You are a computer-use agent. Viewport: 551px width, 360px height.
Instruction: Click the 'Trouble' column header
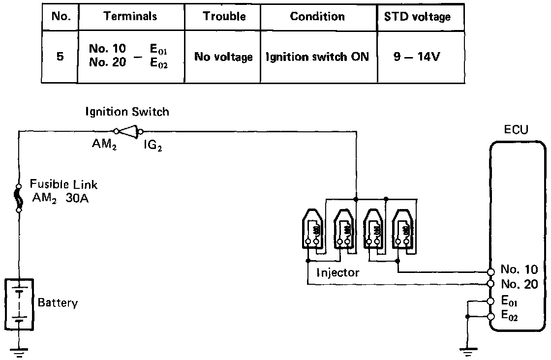click(224, 16)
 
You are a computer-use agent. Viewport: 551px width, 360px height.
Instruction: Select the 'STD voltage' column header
click(417, 16)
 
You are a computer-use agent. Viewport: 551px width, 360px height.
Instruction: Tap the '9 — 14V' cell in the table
click(417, 56)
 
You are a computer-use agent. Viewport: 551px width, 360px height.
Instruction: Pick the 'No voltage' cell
click(223, 57)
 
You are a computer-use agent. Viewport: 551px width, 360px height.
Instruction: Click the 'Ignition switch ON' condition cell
click(318, 57)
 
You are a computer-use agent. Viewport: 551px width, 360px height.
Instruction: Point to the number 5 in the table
click(60, 56)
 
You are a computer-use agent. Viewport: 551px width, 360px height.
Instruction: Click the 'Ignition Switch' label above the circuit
click(127, 112)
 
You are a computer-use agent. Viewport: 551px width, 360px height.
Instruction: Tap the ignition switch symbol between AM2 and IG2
click(128, 131)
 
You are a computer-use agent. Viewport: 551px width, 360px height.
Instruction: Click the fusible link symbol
click(19, 198)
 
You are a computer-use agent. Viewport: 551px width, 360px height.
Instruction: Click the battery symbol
click(19, 303)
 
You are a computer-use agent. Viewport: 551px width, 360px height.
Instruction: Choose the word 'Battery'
click(58, 302)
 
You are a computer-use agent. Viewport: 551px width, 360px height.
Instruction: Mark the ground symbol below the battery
click(19, 351)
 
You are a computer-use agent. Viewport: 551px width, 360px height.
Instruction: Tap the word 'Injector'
click(338, 272)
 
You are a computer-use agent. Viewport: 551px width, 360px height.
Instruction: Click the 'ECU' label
click(517, 130)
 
